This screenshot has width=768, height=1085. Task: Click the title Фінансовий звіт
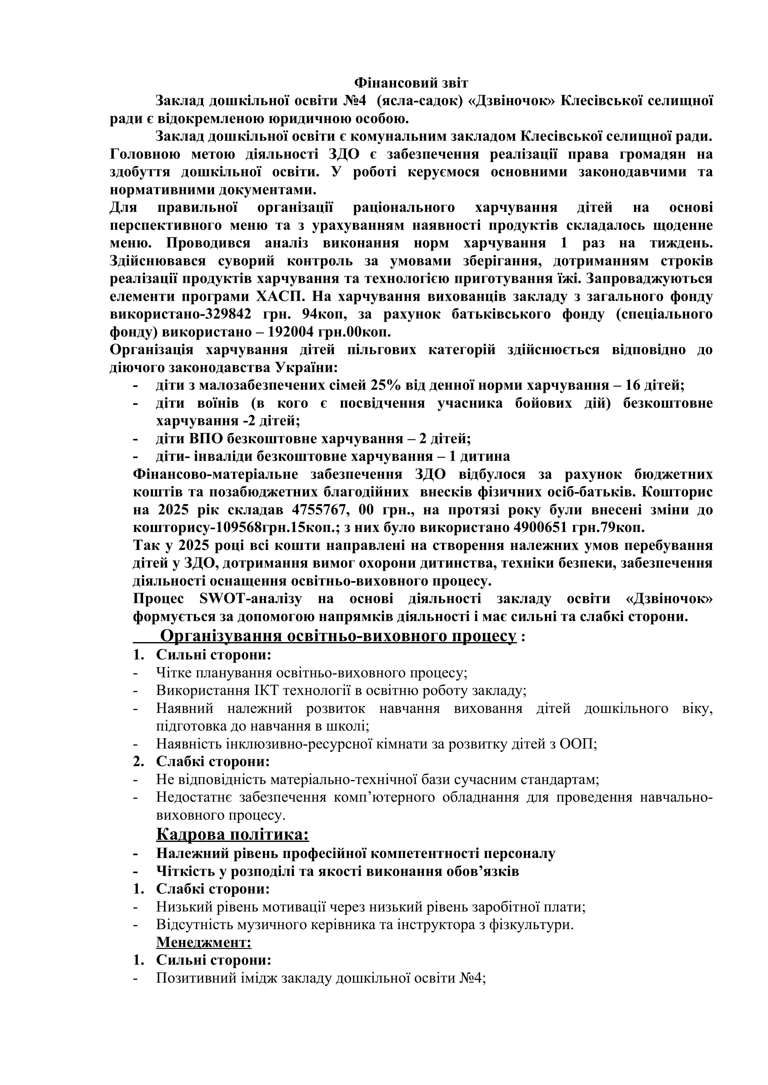pyautogui.click(x=411, y=83)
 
